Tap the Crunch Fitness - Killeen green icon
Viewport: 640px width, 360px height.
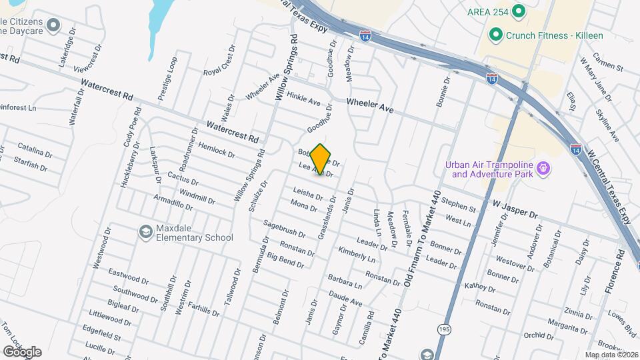tap(495, 35)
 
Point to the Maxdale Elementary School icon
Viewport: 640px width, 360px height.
tap(144, 232)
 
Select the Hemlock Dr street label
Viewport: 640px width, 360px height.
tap(217, 151)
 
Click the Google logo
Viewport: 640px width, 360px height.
tap(21, 352)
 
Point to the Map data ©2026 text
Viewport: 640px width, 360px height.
tap(611, 354)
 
